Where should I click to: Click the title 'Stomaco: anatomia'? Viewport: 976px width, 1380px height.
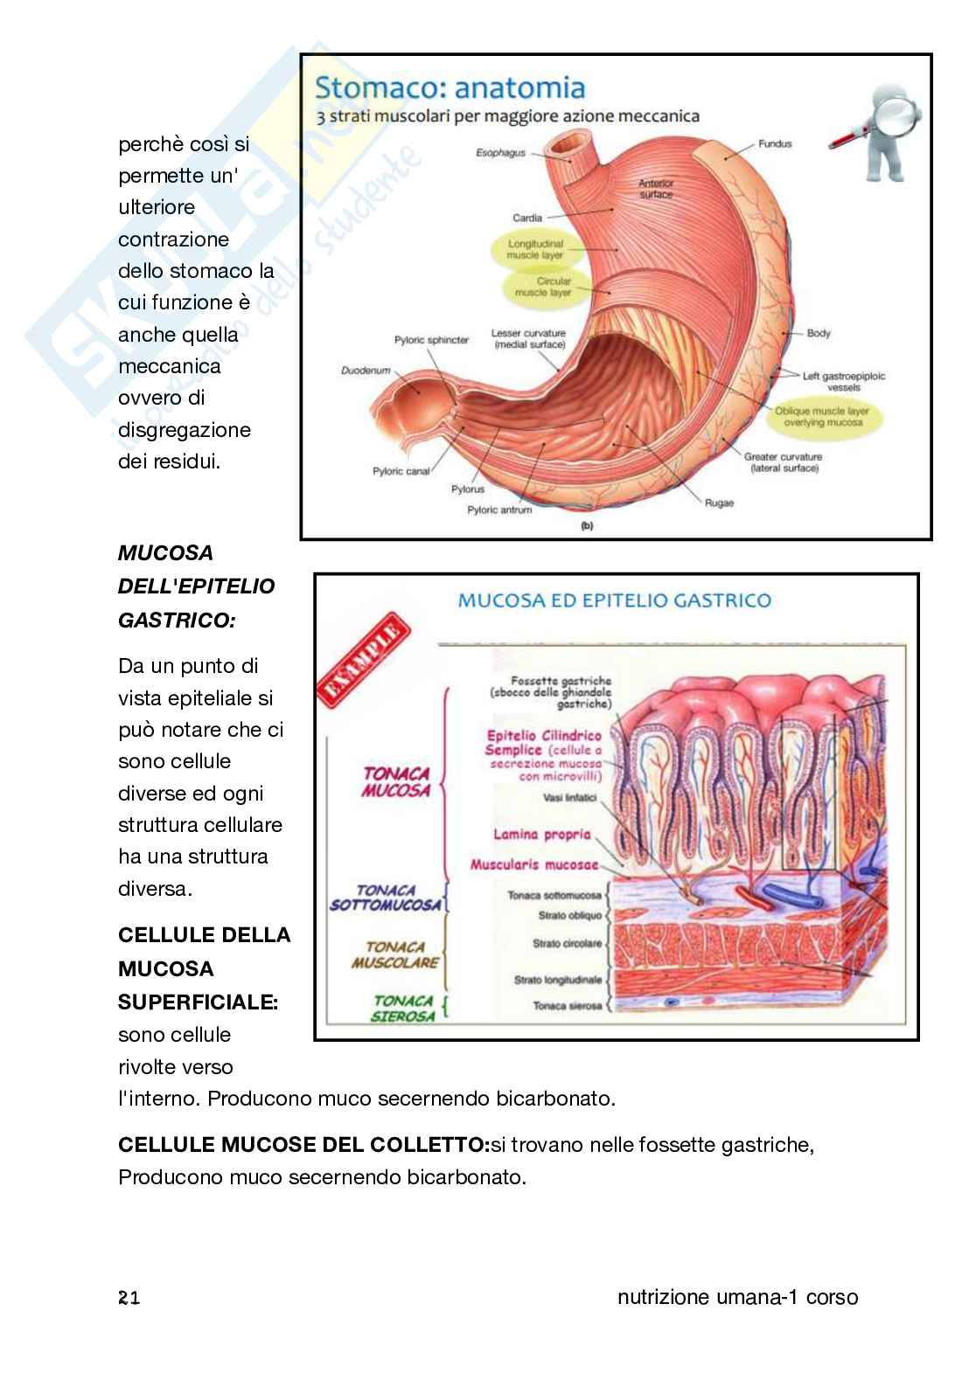[x=450, y=87]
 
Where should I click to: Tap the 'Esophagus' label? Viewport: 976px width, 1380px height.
[x=500, y=153]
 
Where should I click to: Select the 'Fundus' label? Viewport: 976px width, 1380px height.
[x=774, y=143]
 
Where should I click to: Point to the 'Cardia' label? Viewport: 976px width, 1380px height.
[x=527, y=218]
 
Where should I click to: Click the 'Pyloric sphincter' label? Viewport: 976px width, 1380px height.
[x=431, y=340]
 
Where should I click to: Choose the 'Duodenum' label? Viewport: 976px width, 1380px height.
[x=366, y=371]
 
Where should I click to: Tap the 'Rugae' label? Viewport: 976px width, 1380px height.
[x=719, y=503]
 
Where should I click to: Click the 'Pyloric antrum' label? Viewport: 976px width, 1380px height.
[x=499, y=510]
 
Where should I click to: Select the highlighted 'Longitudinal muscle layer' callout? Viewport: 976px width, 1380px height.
[x=535, y=250]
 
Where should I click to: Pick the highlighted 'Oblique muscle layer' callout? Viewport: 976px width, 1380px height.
[x=821, y=416]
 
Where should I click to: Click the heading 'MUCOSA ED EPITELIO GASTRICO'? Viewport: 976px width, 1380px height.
[x=615, y=600]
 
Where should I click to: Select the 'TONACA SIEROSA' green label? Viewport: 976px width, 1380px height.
[x=402, y=1009]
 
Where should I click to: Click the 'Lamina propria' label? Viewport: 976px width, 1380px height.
[x=542, y=835]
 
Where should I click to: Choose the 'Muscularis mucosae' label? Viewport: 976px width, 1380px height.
[x=534, y=865]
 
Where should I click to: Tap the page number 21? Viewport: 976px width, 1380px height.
[x=129, y=1299]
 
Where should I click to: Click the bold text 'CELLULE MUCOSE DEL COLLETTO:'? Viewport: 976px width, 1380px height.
[x=303, y=1145]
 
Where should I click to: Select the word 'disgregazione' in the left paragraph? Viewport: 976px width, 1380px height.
[x=185, y=430]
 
